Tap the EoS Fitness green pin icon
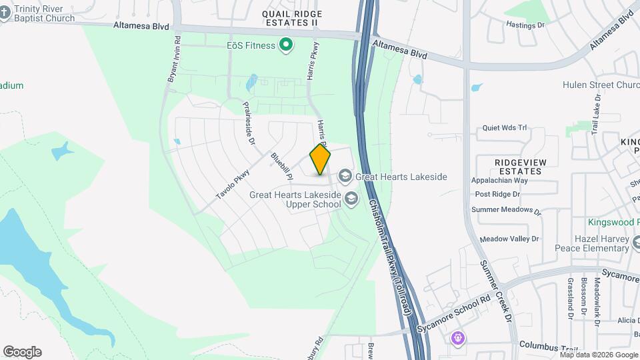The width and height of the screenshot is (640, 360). click(286, 45)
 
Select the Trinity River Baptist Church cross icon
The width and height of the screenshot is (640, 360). click(5, 13)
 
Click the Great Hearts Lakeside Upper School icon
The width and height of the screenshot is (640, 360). click(351, 199)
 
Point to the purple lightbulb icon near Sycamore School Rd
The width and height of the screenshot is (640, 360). click(457, 338)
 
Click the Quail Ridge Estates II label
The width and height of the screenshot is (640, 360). click(291, 18)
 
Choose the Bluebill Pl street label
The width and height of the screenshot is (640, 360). click(282, 167)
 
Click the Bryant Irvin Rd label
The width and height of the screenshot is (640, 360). click(173, 59)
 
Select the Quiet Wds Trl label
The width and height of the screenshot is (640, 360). click(505, 128)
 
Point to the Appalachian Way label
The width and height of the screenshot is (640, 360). click(499, 180)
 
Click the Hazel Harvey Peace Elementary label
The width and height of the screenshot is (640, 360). click(591, 243)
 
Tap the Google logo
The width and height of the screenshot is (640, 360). click(22, 352)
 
